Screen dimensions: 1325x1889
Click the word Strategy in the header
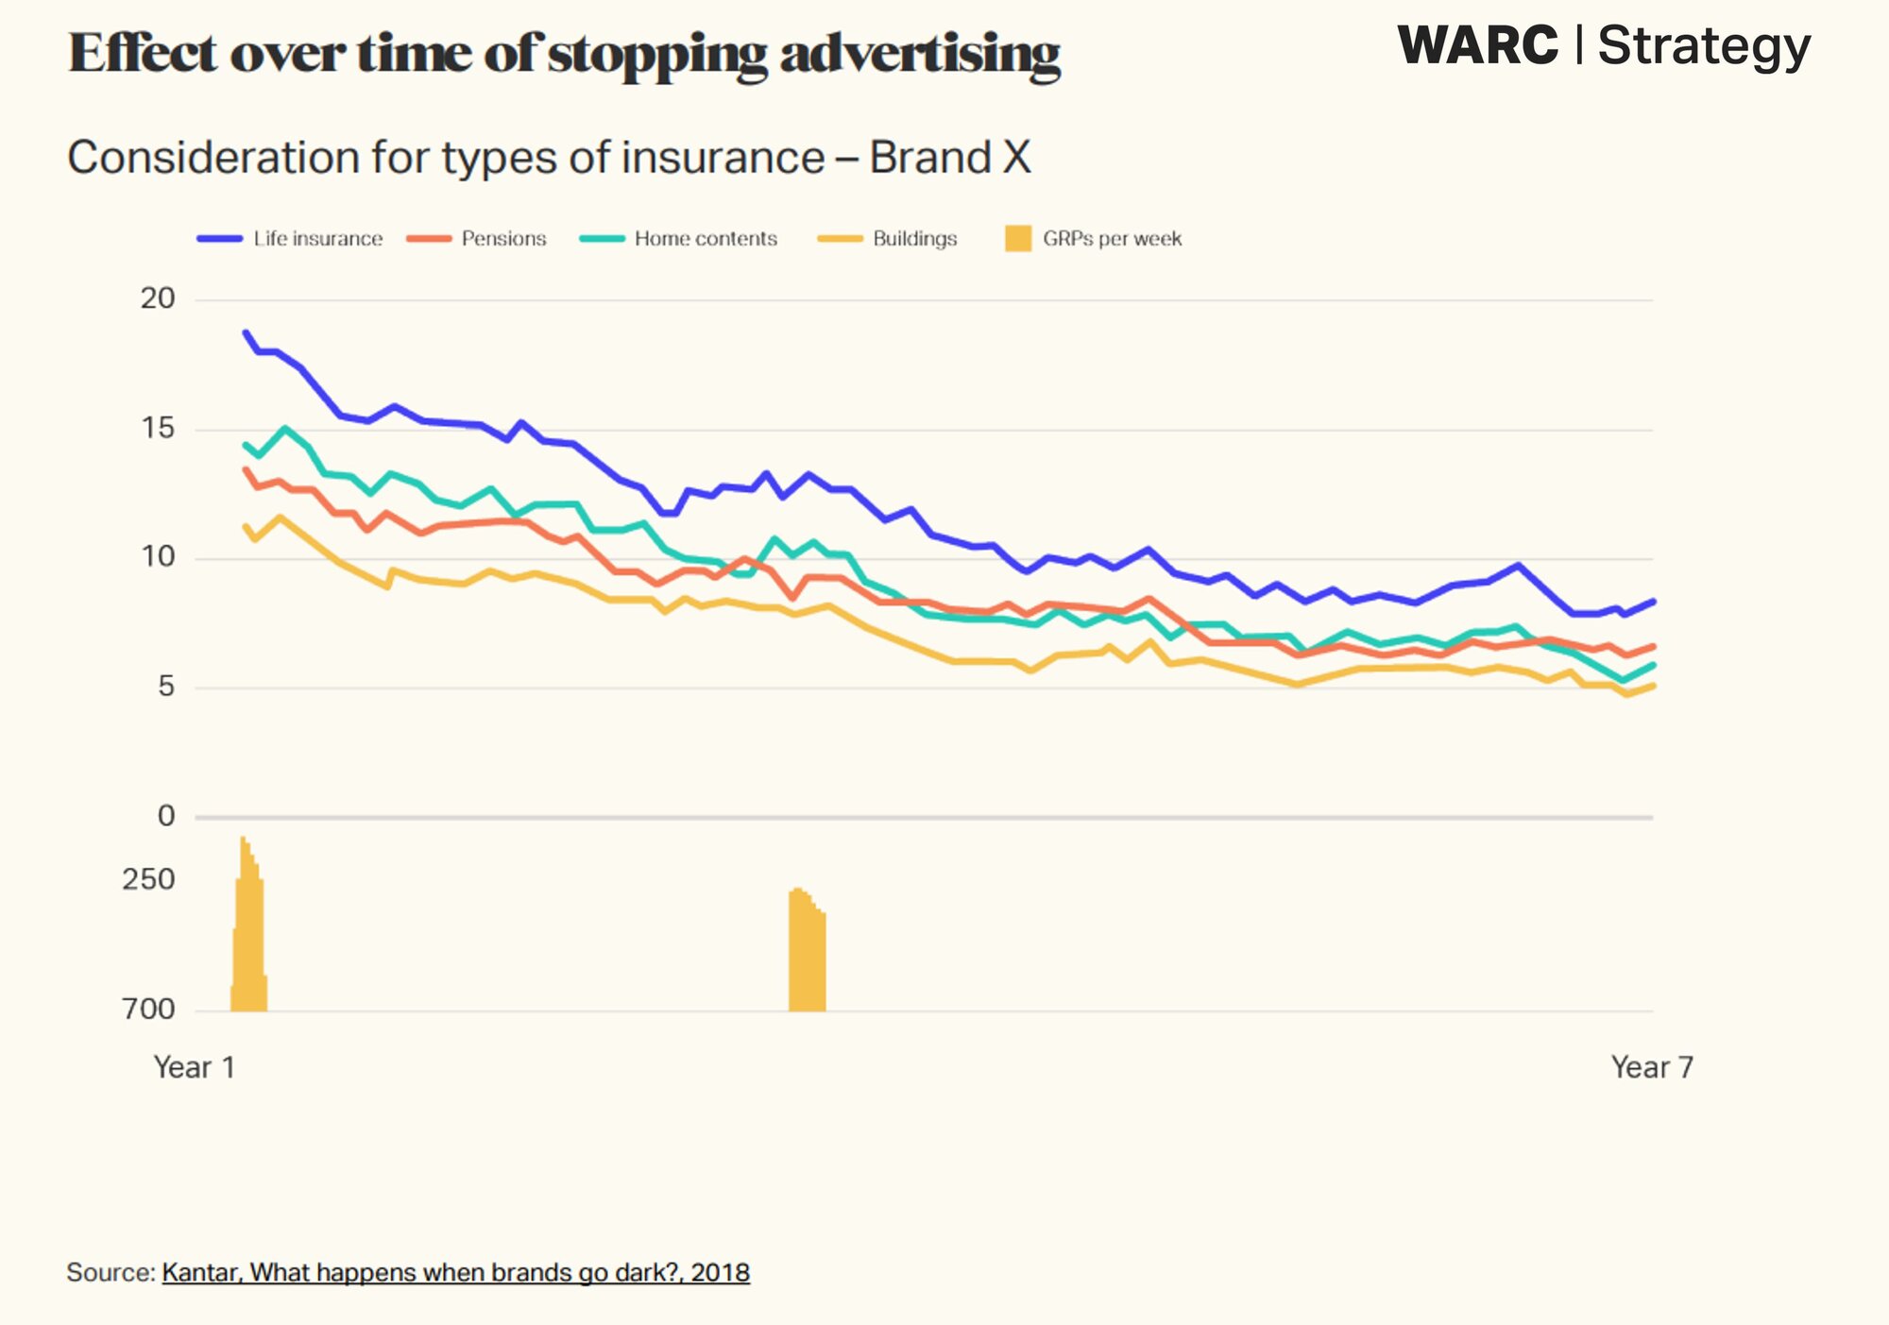(1704, 47)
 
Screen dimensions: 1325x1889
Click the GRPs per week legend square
(1018, 239)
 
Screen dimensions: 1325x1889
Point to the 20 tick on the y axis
(158, 298)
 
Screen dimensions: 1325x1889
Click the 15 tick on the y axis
(158, 429)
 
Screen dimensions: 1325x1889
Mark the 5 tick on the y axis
(166, 687)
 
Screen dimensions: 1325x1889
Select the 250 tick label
(148, 880)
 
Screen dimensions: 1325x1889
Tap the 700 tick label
(148, 1010)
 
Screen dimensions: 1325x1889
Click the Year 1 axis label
(194, 1067)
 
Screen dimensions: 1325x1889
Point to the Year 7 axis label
(1652, 1067)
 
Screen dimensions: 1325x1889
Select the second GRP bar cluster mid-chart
(808, 954)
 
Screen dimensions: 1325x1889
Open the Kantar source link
(455, 1273)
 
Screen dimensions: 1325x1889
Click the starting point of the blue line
(246, 332)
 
